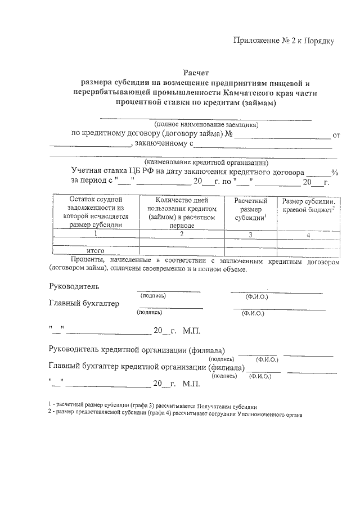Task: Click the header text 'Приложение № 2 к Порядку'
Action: (x=284, y=41)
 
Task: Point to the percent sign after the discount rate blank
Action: (x=335, y=173)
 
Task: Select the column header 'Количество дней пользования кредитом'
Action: (x=182, y=212)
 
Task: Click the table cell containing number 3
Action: (x=250, y=235)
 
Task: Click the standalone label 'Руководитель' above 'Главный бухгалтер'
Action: (x=74, y=286)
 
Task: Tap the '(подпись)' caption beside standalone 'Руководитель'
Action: (x=154, y=295)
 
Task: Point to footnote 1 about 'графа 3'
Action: (x=153, y=406)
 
